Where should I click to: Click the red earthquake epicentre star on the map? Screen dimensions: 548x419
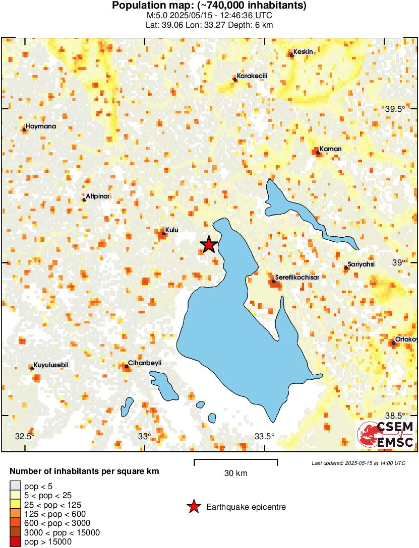[208, 245]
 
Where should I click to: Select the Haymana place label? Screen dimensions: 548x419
[41, 126]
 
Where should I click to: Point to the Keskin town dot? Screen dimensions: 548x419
[292, 55]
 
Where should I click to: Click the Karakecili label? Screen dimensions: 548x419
[252, 76]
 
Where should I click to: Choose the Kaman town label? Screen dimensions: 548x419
[331, 149]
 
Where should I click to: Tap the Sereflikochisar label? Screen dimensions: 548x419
[297, 277]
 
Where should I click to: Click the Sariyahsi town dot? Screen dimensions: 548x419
[346, 268]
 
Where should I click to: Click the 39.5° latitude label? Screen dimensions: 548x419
[395, 109]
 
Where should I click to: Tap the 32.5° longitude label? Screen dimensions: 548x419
[25, 436]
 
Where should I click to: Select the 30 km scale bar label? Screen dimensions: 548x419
[235, 473]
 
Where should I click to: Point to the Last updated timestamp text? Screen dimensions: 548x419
[358, 463]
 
